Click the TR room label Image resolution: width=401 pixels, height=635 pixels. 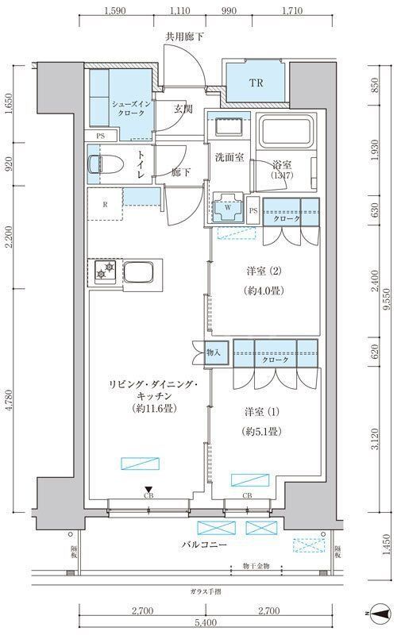(x=256, y=83)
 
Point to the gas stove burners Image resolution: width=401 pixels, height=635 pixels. (x=102, y=274)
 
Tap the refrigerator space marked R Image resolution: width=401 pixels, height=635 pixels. (x=105, y=203)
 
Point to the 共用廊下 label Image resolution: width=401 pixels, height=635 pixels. (x=183, y=37)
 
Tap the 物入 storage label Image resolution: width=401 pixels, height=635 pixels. (x=212, y=351)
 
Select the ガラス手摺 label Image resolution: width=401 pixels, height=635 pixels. (x=206, y=591)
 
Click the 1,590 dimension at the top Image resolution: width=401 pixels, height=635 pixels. (x=116, y=12)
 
